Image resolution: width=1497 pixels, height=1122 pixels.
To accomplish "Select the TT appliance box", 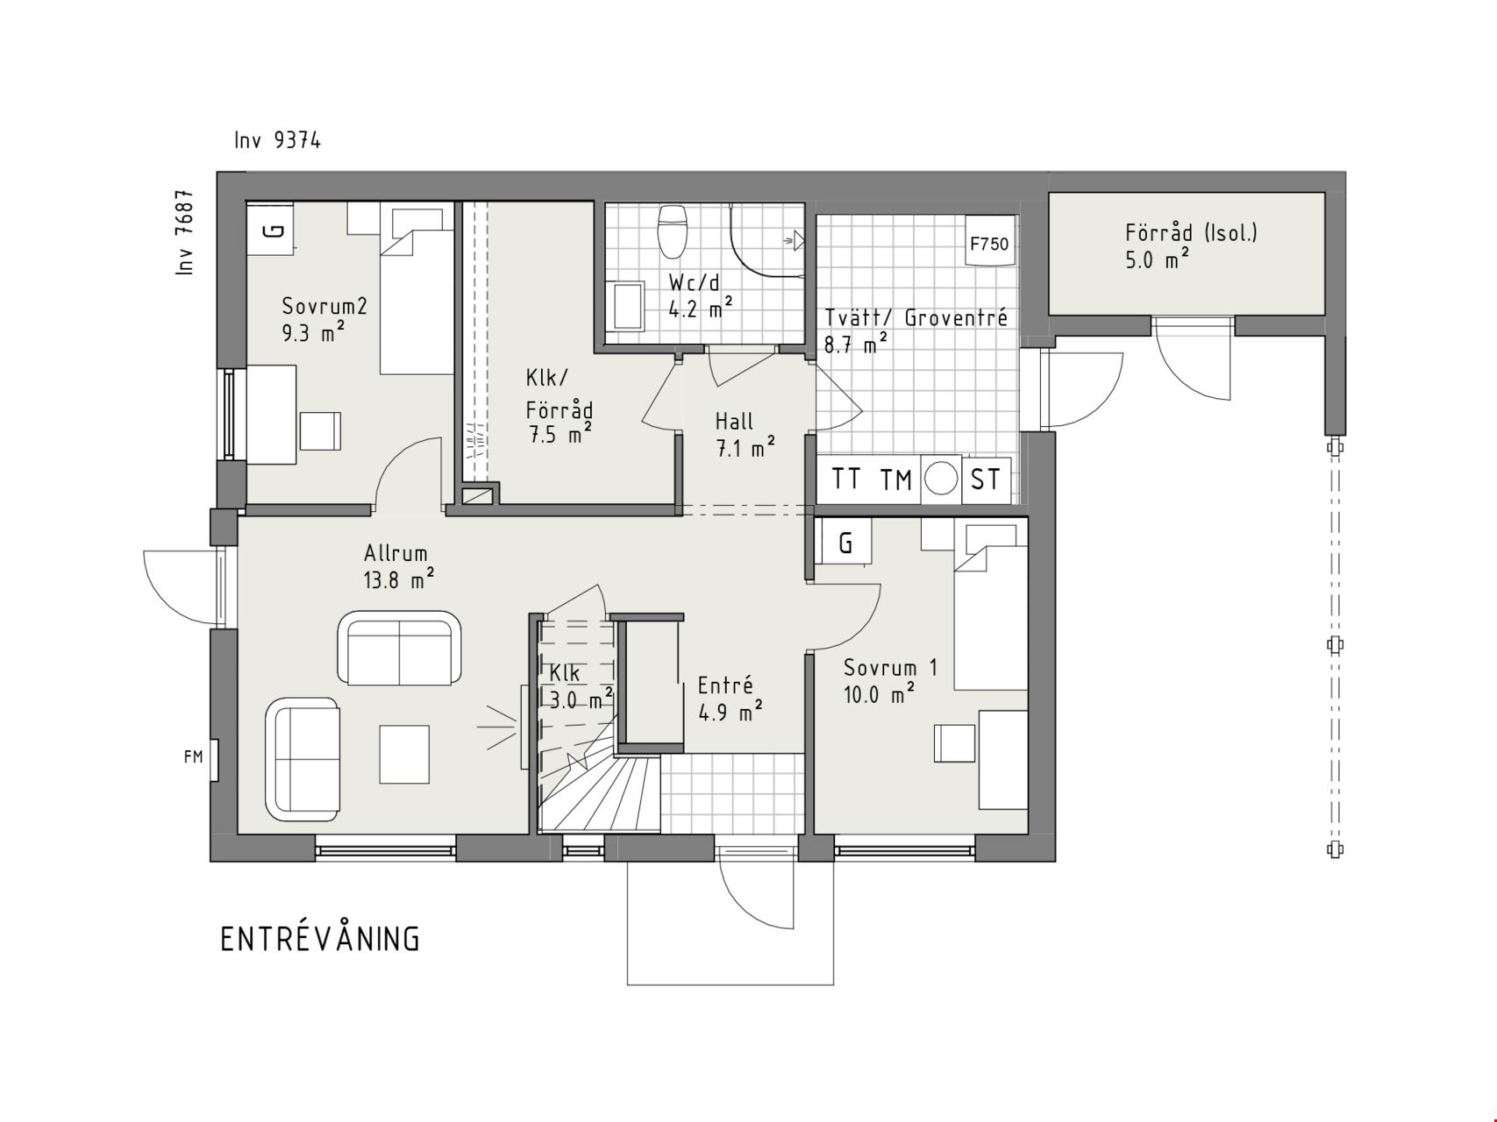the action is point(845,479).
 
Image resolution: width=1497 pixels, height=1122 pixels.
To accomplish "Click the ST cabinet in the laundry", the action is point(986,479).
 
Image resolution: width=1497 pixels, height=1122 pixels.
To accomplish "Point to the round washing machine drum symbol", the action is point(942,479).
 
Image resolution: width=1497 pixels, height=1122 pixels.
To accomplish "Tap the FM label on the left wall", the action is point(194,756).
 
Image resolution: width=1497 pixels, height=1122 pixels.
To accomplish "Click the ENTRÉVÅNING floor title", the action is point(320,938).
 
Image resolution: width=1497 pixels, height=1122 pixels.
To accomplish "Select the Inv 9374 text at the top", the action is point(277,140).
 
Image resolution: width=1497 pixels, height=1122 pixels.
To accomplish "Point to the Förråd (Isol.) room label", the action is point(1191,232).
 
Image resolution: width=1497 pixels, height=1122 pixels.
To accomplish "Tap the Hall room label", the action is point(734,421).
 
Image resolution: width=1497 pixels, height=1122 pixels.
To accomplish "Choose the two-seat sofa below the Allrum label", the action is point(400,649).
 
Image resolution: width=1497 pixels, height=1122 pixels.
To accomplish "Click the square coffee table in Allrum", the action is point(404,754).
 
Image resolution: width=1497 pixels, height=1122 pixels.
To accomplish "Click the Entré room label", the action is point(725,685).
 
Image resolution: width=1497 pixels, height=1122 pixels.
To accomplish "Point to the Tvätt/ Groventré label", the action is point(916,317).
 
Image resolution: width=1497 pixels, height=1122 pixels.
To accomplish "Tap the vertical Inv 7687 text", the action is point(184,233).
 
